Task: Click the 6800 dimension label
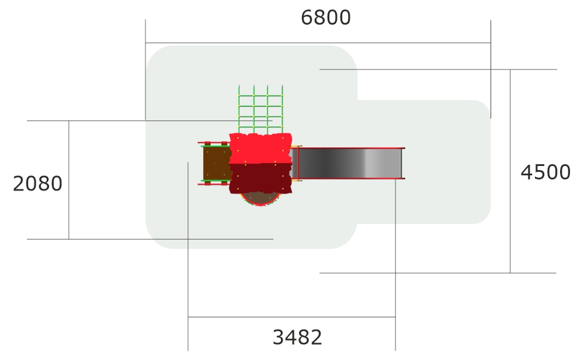pyautogui.click(x=325, y=18)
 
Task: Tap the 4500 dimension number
pyautogui.click(x=545, y=172)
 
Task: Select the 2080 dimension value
pyautogui.click(x=37, y=184)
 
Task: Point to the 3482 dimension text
pyautogui.click(x=297, y=337)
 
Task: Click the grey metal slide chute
pyautogui.click(x=348, y=163)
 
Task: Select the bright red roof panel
pyautogui.click(x=260, y=148)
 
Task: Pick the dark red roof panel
pyautogui.click(x=260, y=178)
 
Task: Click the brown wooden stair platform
pyautogui.click(x=217, y=164)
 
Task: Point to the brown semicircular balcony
pyautogui.click(x=260, y=199)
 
